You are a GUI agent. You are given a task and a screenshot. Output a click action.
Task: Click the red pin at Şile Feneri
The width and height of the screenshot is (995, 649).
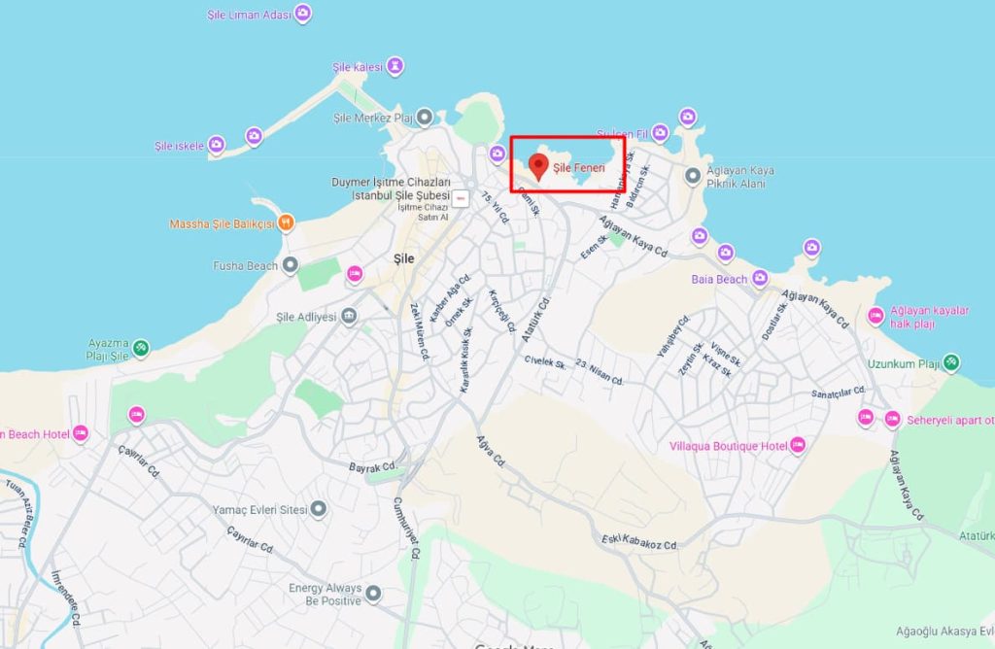tap(537, 165)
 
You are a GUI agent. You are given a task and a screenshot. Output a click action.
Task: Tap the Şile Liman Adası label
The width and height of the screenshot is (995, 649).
tap(250, 15)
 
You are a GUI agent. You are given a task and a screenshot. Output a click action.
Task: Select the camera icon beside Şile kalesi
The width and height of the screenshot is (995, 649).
tap(395, 66)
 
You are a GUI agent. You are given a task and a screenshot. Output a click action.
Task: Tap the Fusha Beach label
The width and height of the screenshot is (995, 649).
tap(245, 264)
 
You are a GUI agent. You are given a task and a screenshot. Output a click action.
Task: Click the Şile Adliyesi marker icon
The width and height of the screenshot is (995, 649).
tap(349, 317)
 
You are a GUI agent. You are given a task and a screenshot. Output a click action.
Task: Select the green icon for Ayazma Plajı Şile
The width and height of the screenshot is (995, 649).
tap(141, 347)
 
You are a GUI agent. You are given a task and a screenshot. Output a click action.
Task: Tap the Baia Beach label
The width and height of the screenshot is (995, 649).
tap(719, 280)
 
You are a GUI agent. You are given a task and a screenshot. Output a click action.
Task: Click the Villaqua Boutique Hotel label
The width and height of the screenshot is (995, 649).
tap(728, 446)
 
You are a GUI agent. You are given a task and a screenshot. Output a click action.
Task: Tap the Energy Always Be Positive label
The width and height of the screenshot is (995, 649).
tap(325, 594)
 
